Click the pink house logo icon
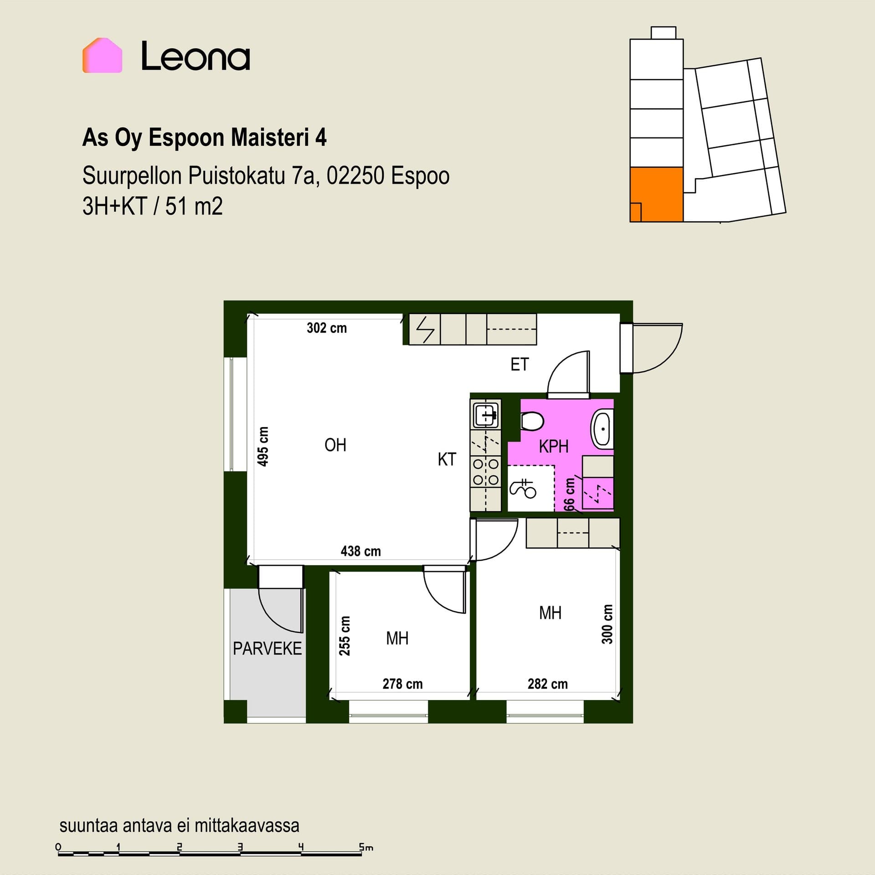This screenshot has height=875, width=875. tap(102, 55)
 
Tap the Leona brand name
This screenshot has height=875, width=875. tap(196, 56)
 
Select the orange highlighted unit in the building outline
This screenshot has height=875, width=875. tap(656, 195)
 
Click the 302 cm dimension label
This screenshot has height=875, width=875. tap(327, 328)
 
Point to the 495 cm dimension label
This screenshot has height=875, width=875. tap(263, 447)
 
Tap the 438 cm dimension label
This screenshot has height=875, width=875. tap(360, 551)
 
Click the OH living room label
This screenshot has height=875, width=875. tap(335, 445)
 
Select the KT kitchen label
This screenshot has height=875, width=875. tap(447, 459)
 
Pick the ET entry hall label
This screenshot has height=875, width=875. tap(520, 365)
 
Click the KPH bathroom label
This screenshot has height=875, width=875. tap(554, 447)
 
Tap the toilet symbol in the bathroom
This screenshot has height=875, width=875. tap(532, 421)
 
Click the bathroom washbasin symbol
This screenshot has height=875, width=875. tap(602, 429)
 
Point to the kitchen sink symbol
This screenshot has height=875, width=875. tap(486, 415)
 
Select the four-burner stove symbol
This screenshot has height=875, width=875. tap(486, 472)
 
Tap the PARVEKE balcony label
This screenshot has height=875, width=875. tap(268, 649)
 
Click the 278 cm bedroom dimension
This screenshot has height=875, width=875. tap(402, 684)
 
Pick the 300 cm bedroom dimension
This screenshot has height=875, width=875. tap(607, 624)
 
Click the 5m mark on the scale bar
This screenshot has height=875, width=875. tap(365, 848)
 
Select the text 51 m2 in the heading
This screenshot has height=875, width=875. tap(194, 206)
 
